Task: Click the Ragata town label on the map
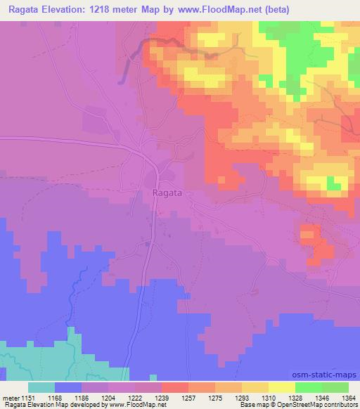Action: (167, 190)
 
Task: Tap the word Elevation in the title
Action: (73, 8)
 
